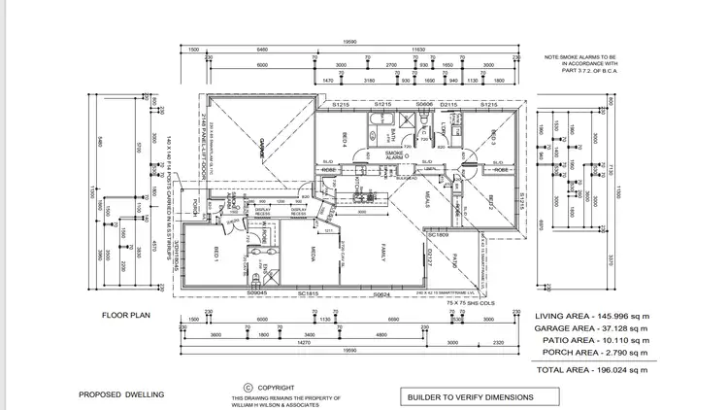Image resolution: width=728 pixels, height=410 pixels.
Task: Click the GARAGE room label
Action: pos(261,148)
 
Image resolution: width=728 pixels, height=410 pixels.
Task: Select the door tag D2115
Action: pos(449,103)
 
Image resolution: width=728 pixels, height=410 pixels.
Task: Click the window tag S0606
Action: pos(424,103)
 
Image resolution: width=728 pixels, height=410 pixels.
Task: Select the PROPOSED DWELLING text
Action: pos(121,395)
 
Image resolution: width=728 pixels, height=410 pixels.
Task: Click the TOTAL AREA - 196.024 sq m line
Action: pos(594,370)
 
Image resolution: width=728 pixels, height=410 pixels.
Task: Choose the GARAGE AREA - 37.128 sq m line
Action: pos(594,329)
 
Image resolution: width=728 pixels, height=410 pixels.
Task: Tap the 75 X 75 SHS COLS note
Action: pos(466,303)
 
